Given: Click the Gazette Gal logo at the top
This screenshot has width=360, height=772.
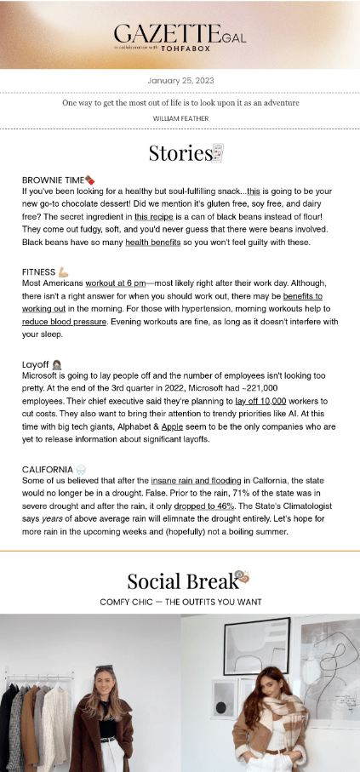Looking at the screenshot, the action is pyautogui.click(x=180, y=35).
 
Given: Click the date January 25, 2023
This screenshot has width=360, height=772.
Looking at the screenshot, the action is pyautogui.click(x=180, y=81).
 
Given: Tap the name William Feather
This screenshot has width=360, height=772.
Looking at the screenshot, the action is pyautogui.click(x=180, y=117).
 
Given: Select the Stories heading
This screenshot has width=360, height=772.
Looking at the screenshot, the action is pyautogui.click(x=180, y=153).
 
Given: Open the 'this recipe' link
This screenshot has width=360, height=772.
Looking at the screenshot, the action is pyautogui.click(x=153, y=217).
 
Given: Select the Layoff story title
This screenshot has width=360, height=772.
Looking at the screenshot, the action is pyautogui.click(x=35, y=363).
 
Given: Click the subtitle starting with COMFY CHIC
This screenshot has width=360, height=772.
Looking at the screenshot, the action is pyautogui.click(x=180, y=602).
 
